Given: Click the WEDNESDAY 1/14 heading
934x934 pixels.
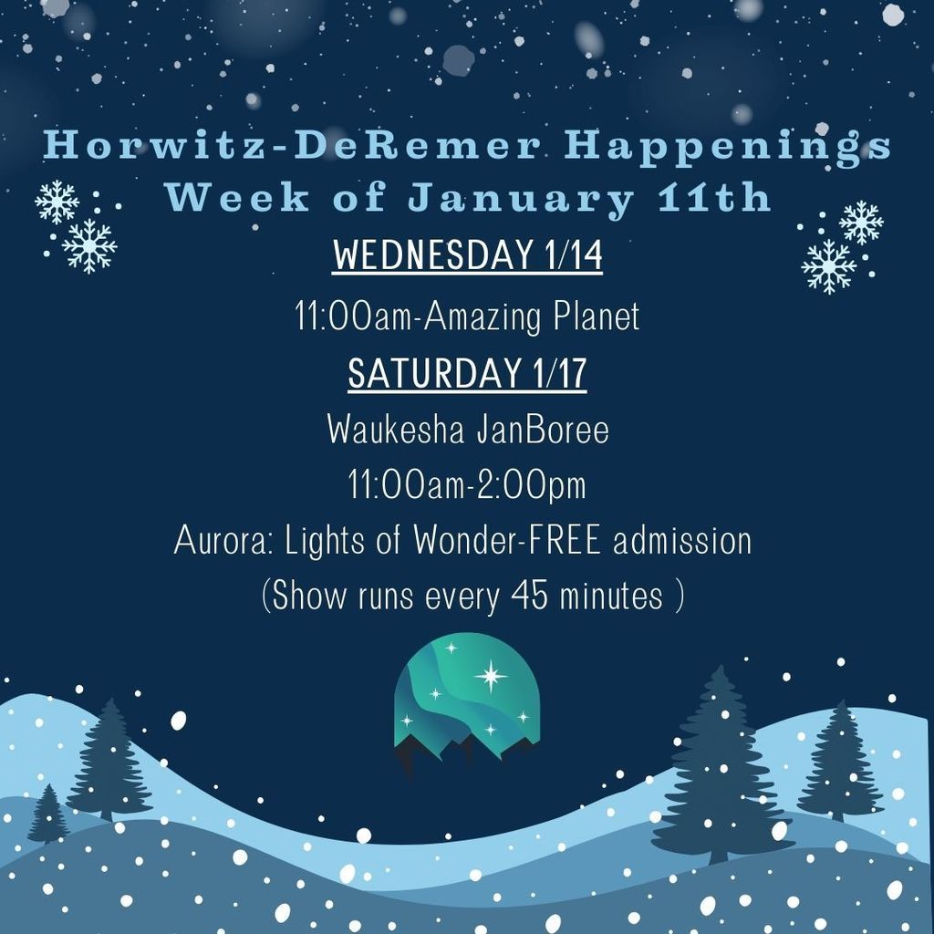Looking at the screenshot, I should pos(467,256).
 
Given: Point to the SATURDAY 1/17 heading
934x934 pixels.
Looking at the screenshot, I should pos(467,374).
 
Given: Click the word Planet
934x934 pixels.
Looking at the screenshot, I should pos(597,317).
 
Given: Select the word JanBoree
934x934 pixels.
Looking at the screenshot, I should pos(542,430).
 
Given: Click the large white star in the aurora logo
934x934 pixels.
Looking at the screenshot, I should pos(491,676).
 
